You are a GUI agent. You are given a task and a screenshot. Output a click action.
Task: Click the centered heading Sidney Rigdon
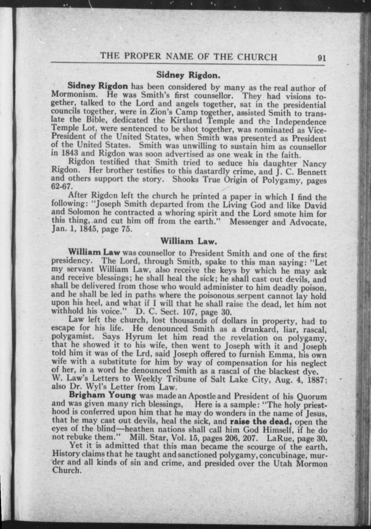pyautogui.click(x=188, y=75)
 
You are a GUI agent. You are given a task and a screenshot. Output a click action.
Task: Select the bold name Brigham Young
pyautogui.click(x=102, y=395)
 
